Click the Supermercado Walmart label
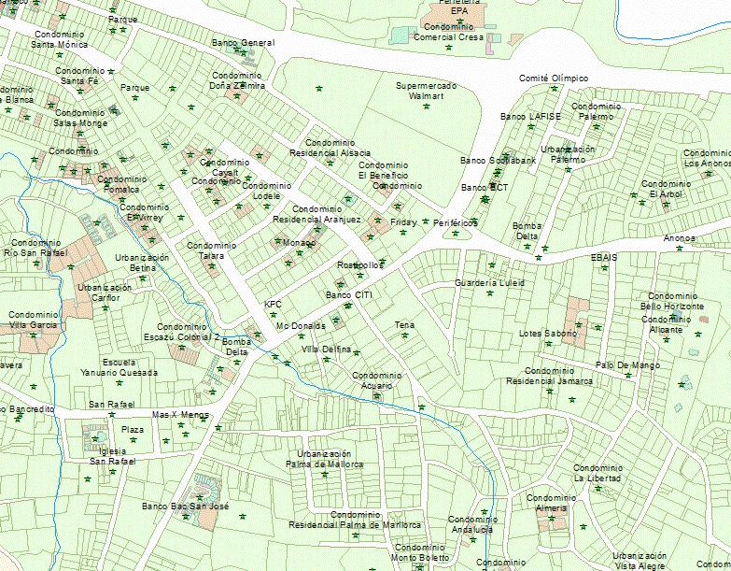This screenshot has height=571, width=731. click(x=425, y=91)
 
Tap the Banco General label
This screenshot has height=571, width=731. click(x=243, y=43)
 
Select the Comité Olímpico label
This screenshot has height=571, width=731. click(x=554, y=79)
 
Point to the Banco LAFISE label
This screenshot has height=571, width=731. click(x=530, y=117)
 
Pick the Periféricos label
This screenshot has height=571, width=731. click(x=456, y=223)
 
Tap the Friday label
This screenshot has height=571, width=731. click(x=403, y=222)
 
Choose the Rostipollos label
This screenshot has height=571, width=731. click(x=360, y=265)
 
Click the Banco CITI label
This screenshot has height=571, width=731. click(x=348, y=295)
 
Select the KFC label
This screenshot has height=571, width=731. click(x=273, y=304)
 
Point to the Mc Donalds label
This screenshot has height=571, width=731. click(x=302, y=325)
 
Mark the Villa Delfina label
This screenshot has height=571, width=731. click(x=326, y=350)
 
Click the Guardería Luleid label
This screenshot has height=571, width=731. click(x=489, y=282)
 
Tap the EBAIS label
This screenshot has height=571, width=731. click(x=604, y=255)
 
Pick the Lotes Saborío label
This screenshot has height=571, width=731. click(x=549, y=334)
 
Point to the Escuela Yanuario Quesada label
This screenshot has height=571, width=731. click(x=117, y=367)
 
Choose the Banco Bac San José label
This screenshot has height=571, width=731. click(x=185, y=506)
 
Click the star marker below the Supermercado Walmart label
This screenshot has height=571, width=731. click(x=428, y=106)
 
